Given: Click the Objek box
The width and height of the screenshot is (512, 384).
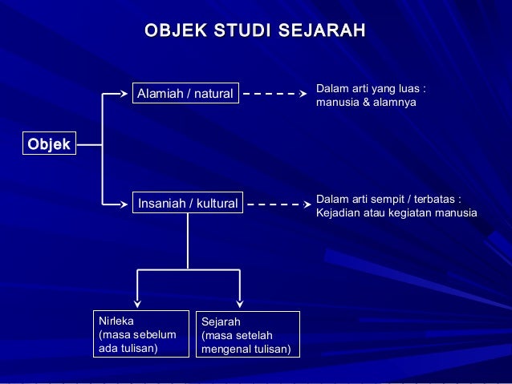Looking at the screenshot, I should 49,144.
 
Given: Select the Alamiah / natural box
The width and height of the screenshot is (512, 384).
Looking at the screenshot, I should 185,95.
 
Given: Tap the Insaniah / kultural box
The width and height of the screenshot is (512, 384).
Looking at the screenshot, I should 188,204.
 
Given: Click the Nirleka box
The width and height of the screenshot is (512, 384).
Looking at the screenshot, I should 140,334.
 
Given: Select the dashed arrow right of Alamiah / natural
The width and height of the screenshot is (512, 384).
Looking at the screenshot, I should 274,94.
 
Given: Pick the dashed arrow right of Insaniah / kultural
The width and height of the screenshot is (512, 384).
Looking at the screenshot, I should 278,204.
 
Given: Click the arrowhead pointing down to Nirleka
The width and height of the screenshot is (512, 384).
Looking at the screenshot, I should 138,303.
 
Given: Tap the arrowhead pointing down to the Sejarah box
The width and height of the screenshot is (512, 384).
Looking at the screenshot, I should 239,303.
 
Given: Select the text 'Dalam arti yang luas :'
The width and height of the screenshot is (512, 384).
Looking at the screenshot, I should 371,88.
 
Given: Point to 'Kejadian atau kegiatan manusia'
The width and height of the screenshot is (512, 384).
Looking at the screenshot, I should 397,213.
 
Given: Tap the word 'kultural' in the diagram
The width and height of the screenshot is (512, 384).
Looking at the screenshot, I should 215,204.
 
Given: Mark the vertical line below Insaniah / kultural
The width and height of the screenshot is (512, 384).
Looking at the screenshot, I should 188,241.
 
